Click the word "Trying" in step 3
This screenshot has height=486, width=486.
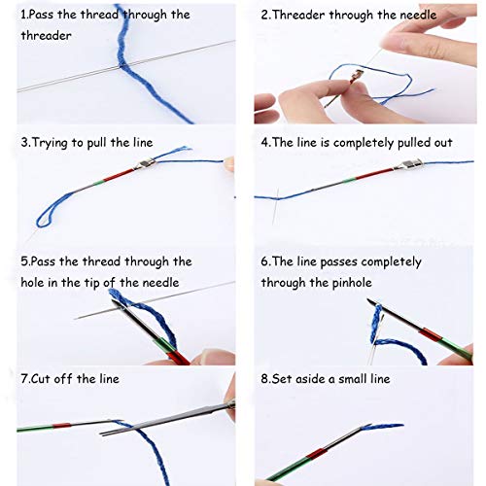coord(52,143)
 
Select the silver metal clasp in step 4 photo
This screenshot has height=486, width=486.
coord(401,168)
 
